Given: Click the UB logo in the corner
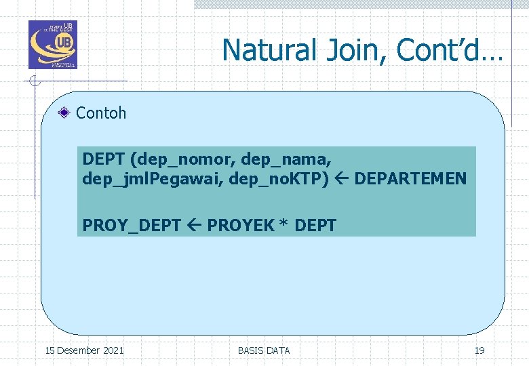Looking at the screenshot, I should pyautogui.click(x=52, y=45).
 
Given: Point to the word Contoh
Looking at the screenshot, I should pyautogui.click(x=101, y=113).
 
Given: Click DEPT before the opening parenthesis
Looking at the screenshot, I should pyautogui.click(x=104, y=159).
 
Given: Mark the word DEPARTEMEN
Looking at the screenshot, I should pyautogui.click(x=410, y=179).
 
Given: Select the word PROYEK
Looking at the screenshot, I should pyautogui.click(x=240, y=224).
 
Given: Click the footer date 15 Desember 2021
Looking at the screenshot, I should pyautogui.click(x=84, y=350).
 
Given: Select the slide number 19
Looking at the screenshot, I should pyautogui.click(x=479, y=350).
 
